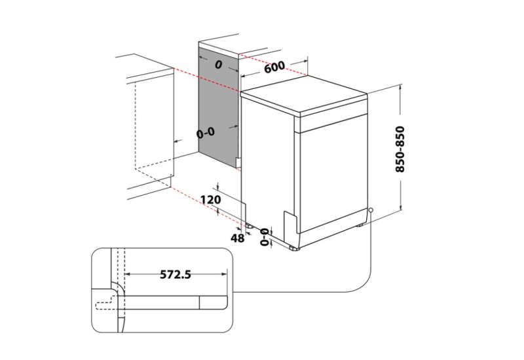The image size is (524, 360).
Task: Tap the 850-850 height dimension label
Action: pos(400,149)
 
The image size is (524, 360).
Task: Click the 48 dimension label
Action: pos(237,238)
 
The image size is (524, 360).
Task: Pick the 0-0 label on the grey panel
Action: pos(205,133)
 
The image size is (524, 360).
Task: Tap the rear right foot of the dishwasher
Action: pos(360,226)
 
